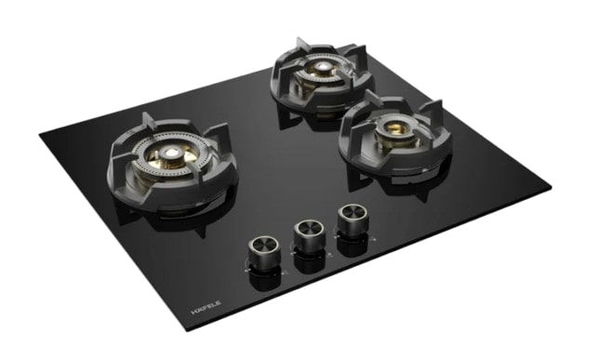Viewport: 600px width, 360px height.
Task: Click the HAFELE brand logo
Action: coord(206,307)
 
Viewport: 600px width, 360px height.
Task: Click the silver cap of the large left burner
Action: coord(168,153)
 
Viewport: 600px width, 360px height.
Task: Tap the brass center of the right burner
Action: coord(393,128)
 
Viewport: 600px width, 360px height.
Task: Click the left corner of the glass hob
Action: coord(39,134)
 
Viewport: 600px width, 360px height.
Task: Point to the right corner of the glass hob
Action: coord(551,188)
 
